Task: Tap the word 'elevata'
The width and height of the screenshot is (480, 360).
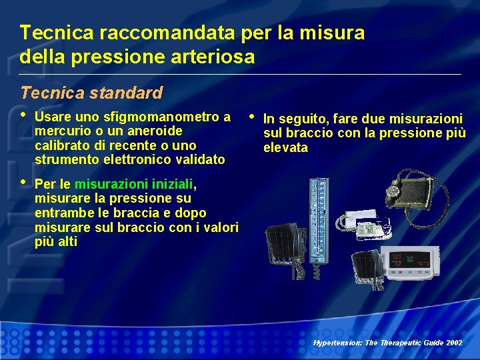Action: pyautogui.click(x=285, y=147)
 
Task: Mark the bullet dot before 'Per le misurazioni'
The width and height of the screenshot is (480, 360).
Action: pyautogui.click(x=24, y=181)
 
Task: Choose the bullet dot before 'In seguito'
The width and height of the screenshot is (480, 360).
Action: pyautogui.click(x=251, y=117)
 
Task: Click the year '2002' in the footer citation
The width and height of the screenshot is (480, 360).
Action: pyautogui.click(x=453, y=342)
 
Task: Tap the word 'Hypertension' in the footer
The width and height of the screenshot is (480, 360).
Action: pyautogui.click(x=335, y=342)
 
